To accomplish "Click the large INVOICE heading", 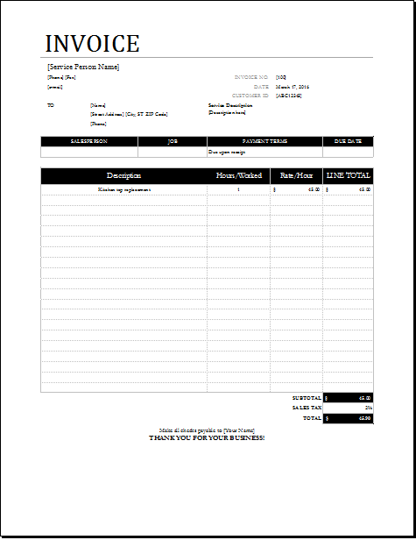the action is (92, 44).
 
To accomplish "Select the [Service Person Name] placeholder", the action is (83, 67).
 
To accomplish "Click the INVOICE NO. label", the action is (251, 77).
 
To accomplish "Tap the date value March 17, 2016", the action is (293, 87).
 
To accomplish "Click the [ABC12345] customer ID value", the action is (289, 96).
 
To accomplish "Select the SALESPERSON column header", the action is (88, 141).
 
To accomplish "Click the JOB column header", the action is (172, 141).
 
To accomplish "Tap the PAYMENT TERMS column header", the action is (264, 141).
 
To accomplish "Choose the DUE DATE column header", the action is (347, 141).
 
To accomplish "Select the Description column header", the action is (123, 176).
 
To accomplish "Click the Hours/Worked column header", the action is (239, 176).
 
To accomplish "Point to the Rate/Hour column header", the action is (297, 176).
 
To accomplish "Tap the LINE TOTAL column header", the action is (349, 176).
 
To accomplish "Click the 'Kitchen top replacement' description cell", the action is (124, 189).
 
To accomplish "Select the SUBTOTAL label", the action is (307, 398).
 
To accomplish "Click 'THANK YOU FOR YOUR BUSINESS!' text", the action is (207, 437).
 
